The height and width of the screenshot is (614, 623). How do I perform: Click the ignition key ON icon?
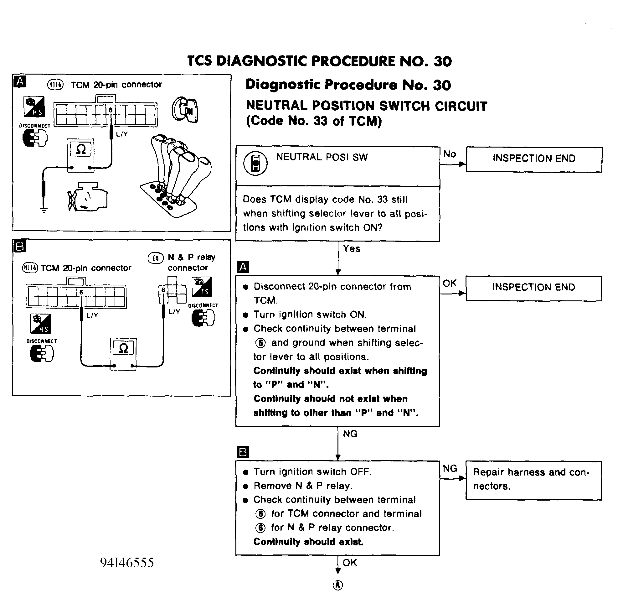(x=185, y=110)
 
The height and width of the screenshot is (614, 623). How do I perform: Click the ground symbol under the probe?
(x=44, y=210)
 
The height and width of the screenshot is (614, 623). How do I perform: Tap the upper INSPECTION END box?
(x=534, y=160)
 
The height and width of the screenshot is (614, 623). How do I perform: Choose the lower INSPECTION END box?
(x=533, y=288)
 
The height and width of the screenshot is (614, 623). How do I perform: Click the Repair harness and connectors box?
(x=533, y=480)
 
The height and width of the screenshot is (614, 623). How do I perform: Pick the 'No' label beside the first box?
(x=449, y=154)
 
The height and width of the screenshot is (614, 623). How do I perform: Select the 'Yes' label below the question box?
(x=351, y=248)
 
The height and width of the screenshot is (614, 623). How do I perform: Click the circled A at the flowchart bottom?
(x=338, y=585)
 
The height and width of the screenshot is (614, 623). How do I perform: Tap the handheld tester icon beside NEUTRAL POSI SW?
(x=255, y=163)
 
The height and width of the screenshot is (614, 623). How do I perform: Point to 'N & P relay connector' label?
(x=192, y=262)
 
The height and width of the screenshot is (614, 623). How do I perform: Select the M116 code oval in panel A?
(x=55, y=85)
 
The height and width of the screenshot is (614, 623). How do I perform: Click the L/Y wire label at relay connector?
(x=174, y=311)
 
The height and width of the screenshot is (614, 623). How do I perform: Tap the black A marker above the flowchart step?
(x=243, y=267)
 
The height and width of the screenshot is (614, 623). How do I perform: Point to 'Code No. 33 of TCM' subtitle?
(x=314, y=121)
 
